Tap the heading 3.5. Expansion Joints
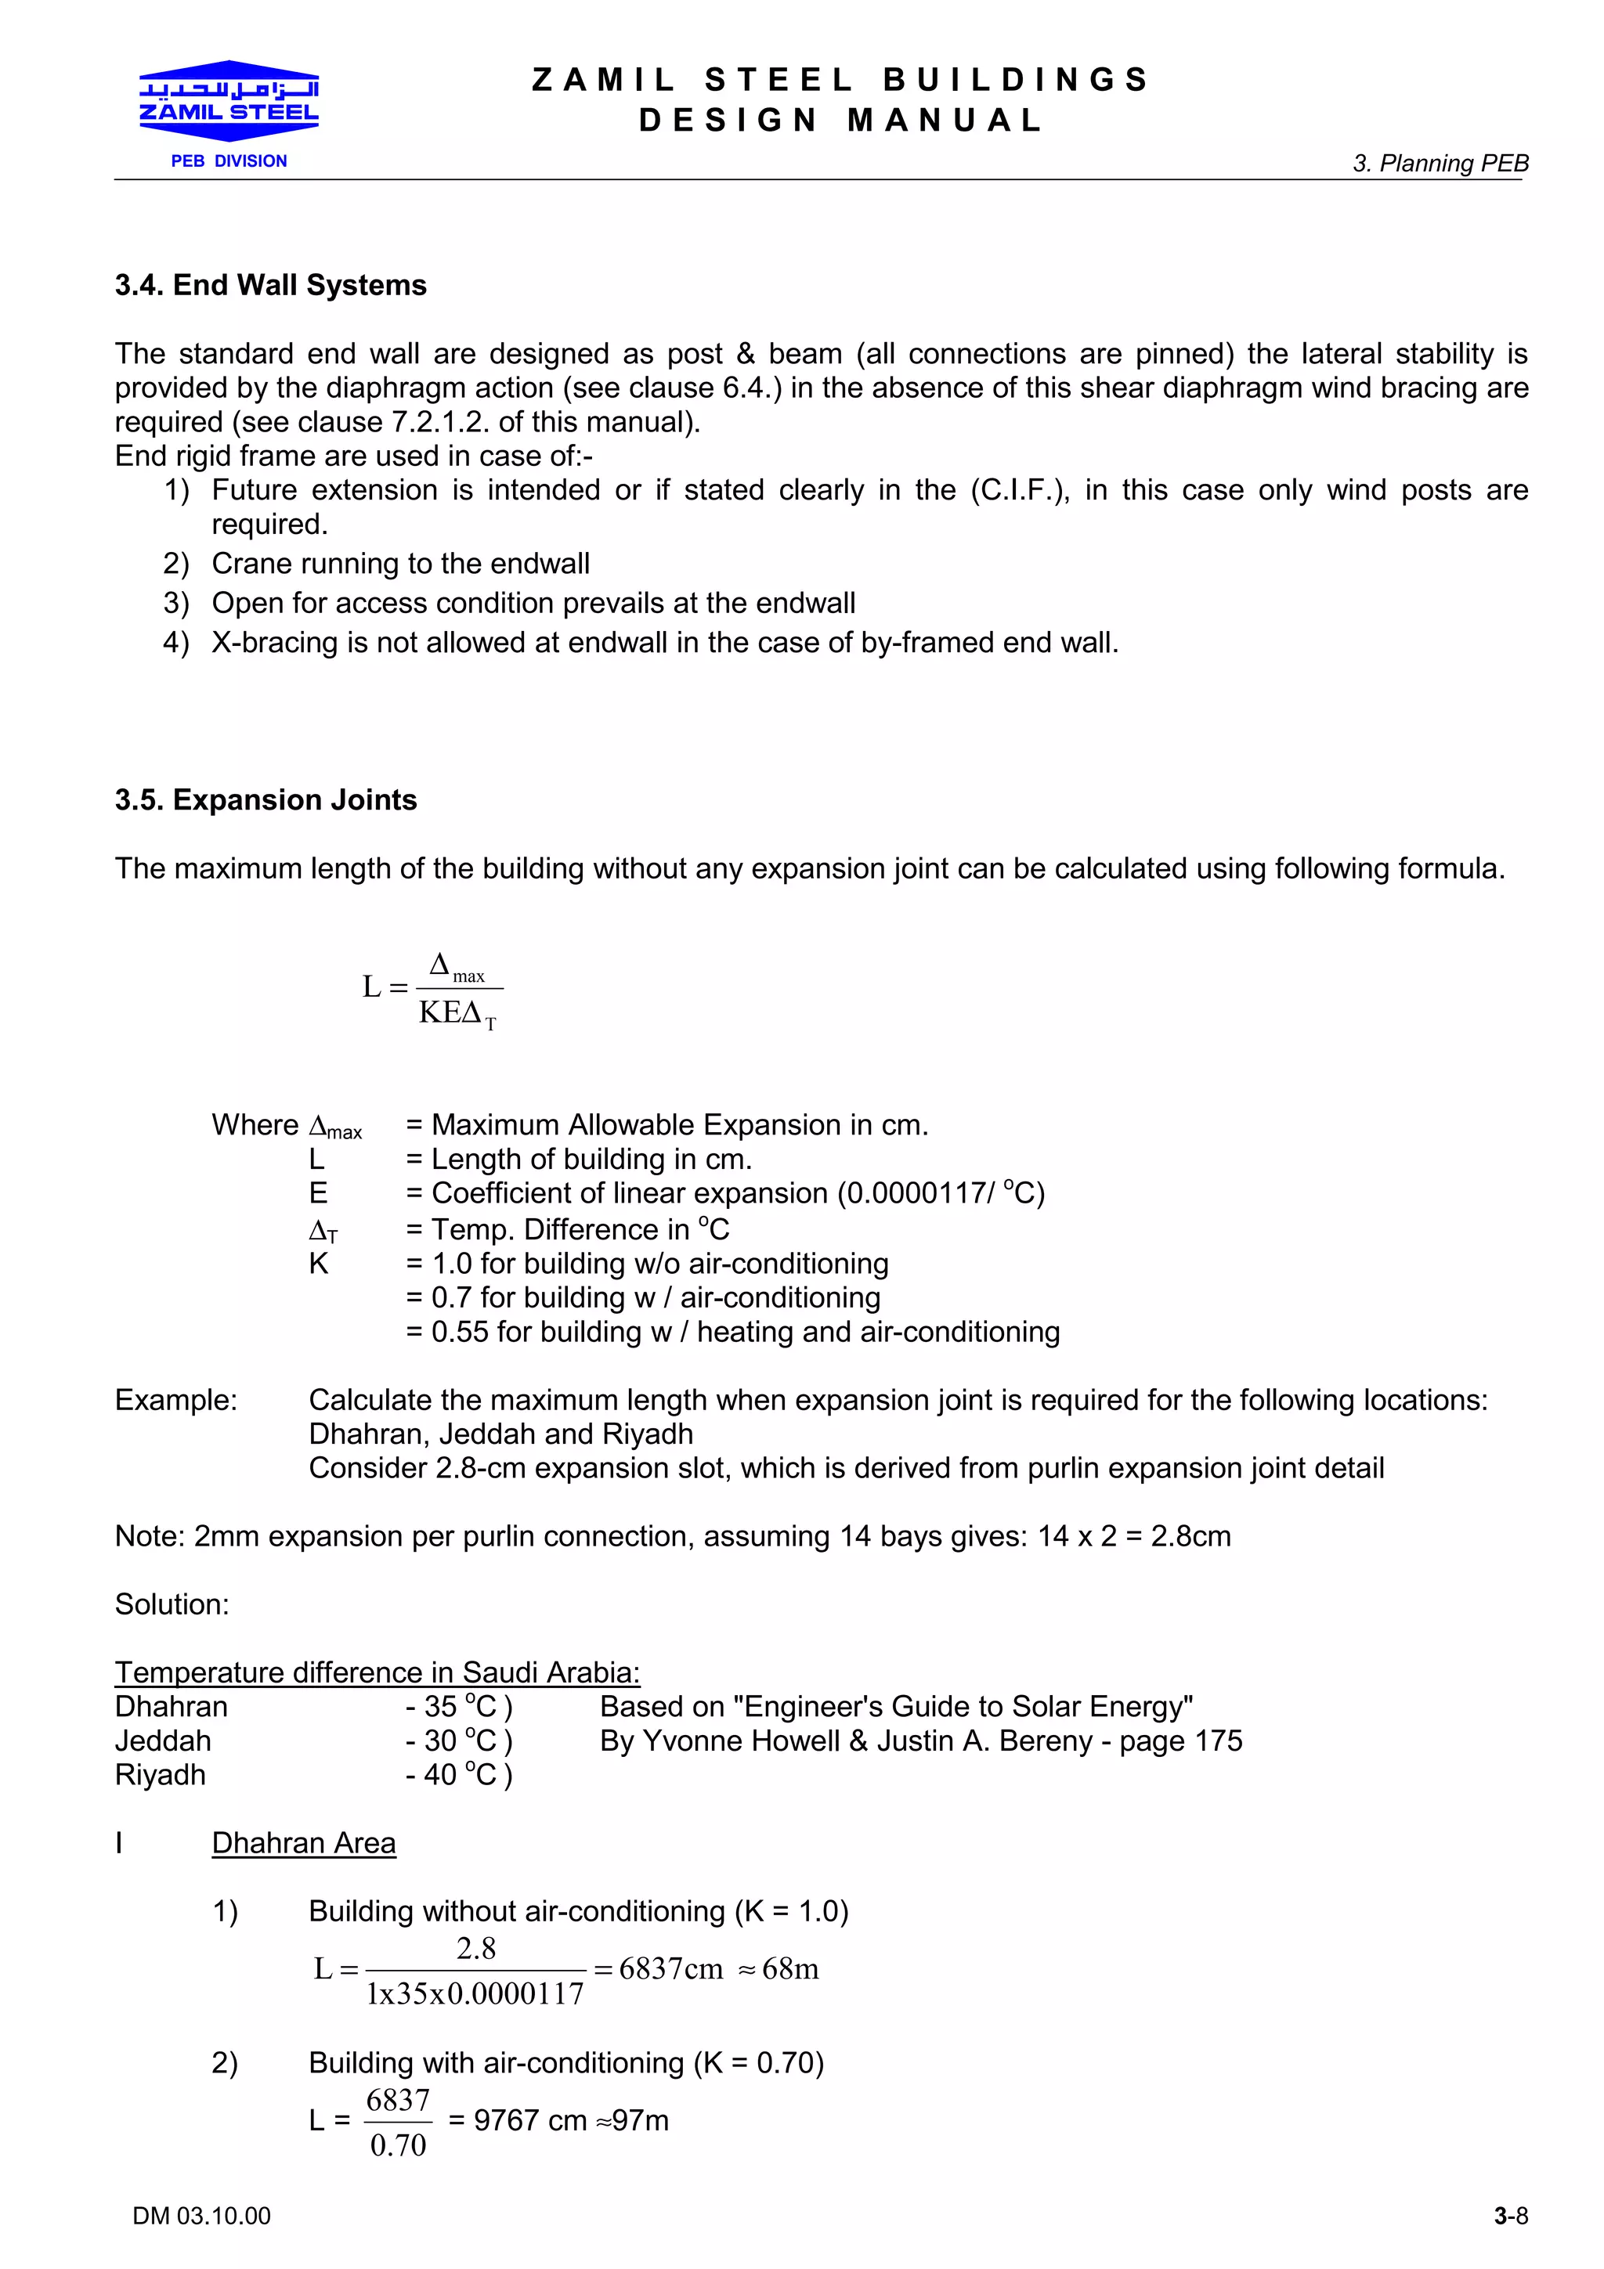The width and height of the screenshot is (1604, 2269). point(265,799)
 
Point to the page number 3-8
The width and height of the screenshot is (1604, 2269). point(1510,2216)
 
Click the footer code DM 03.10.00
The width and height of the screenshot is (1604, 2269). point(200,2216)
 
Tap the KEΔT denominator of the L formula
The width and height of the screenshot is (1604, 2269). point(457,1013)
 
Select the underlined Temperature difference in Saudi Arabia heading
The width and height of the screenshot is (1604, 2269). point(377,1672)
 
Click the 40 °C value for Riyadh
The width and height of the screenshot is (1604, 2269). point(459,1775)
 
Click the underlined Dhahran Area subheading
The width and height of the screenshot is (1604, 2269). point(303,1843)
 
